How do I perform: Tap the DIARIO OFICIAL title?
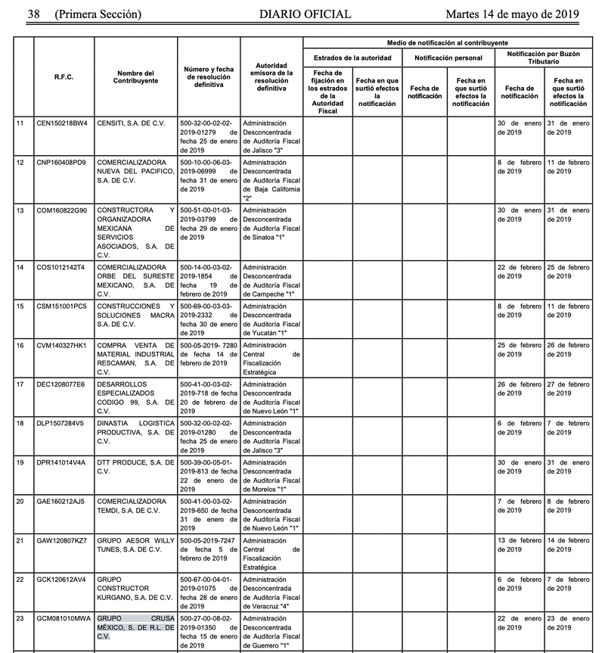click(305, 14)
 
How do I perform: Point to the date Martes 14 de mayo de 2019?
click(512, 14)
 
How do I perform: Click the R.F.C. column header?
click(64, 76)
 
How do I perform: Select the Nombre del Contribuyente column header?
click(136, 76)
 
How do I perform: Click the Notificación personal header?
click(448, 58)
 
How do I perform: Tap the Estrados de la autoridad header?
click(352, 58)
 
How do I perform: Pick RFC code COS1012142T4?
click(61, 267)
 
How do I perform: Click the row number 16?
click(20, 344)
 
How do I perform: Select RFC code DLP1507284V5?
click(61, 422)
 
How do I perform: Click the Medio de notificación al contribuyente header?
click(448, 43)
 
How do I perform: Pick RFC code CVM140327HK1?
click(62, 344)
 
